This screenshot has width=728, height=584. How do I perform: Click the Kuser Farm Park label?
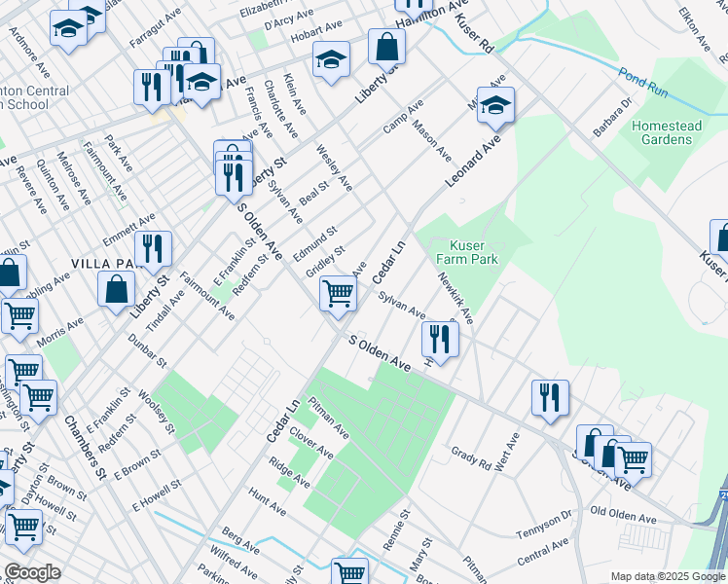[x=473, y=252]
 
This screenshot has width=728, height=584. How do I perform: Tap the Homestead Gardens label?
[x=662, y=132]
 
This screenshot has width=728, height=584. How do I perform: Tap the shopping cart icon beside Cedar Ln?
[x=338, y=292]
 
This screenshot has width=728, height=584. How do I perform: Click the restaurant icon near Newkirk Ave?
[x=440, y=340]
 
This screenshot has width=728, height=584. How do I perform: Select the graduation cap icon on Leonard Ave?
[x=495, y=107]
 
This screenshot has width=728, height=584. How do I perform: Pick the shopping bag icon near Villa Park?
[x=116, y=289]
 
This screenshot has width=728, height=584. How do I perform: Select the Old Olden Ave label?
[x=626, y=512]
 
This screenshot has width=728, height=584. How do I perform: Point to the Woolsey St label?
[x=156, y=413]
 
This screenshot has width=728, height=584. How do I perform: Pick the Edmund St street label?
[x=314, y=238]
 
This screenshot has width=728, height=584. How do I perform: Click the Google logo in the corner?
[x=32, y=572]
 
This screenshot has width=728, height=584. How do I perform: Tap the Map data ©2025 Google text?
[x=667, y=576]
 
